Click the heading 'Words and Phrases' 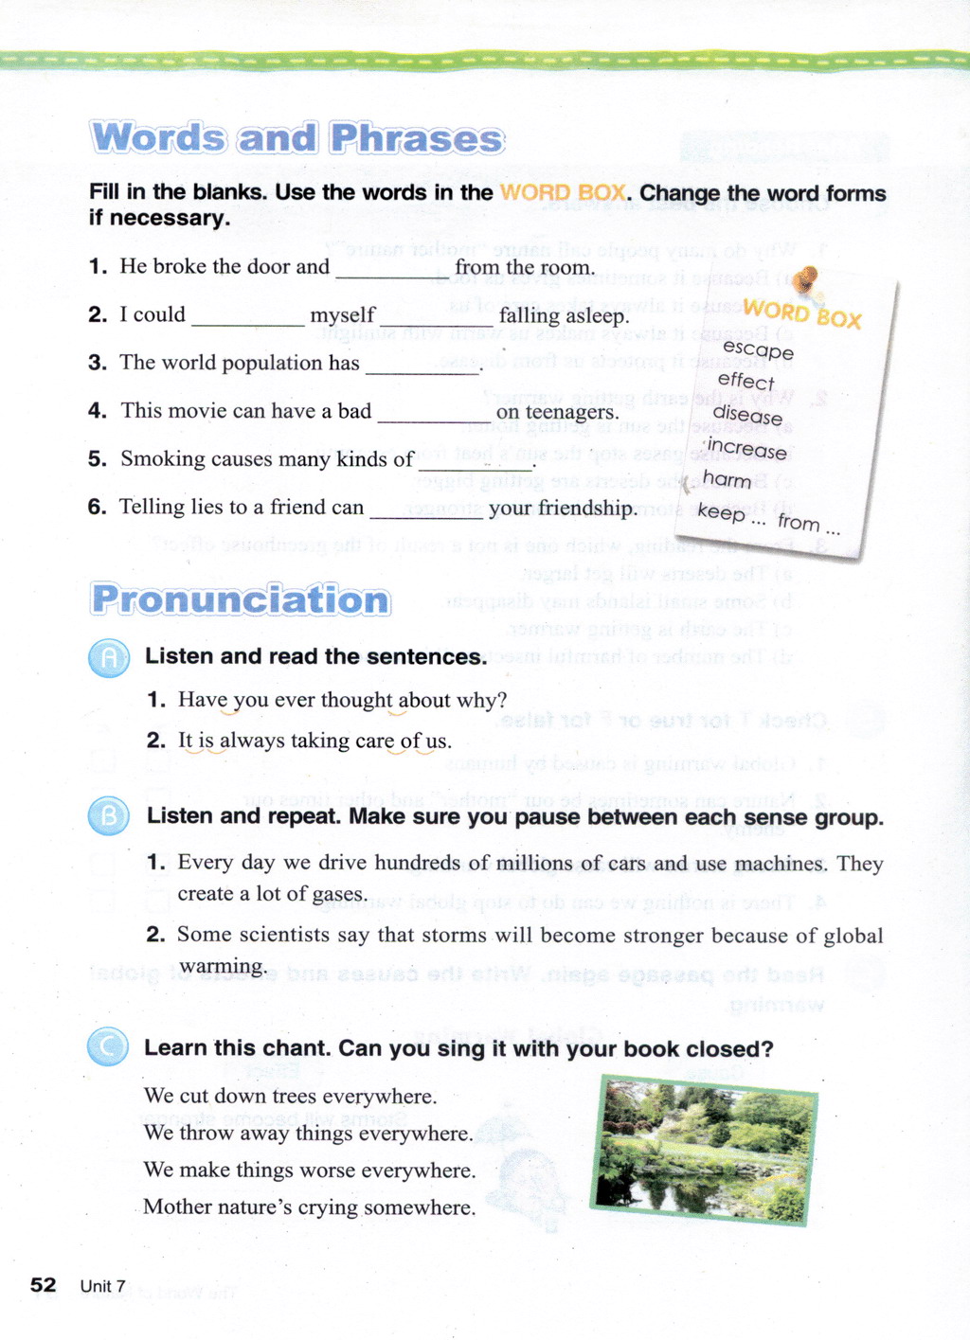[x=297, y=138]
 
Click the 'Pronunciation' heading [x=242, y=600]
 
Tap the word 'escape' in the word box [x=758, y=349]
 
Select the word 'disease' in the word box [x=747, y=414]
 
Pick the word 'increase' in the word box [x=746, y=448]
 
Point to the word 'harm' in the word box [x=727, y=480]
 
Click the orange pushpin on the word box [x=805, y=280]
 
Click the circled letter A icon [x=109, y=657]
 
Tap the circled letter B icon [x=109, y=816]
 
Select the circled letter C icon [x=108, y=1047]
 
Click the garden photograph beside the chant [x=704, y=1148]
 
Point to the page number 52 [x=43, y=1285]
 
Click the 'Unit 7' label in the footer [x=102, y=1286]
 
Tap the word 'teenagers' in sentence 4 [x=573, y=413]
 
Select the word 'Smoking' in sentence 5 [x=162, y=459]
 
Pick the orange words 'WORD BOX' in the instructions [x=563, y=193]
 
